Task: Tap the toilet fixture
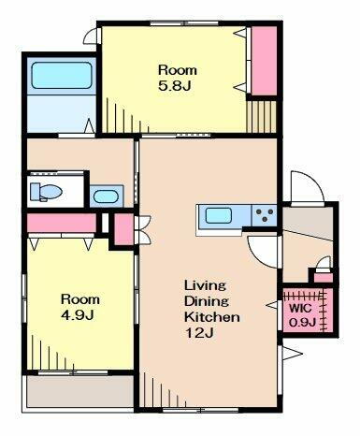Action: (x=43, y=192)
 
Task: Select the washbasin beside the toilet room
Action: (x=107, y=196)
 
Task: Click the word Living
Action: (x=200, y=284)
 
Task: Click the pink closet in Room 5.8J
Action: (x=263, y=62)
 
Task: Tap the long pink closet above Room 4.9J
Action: (x=62, y=224)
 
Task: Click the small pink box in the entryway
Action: (x=323, y=275)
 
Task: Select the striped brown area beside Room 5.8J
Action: (x=263, y=119)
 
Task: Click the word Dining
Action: (x=204, y=301)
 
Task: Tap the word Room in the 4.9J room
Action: (x=79, y=299)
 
